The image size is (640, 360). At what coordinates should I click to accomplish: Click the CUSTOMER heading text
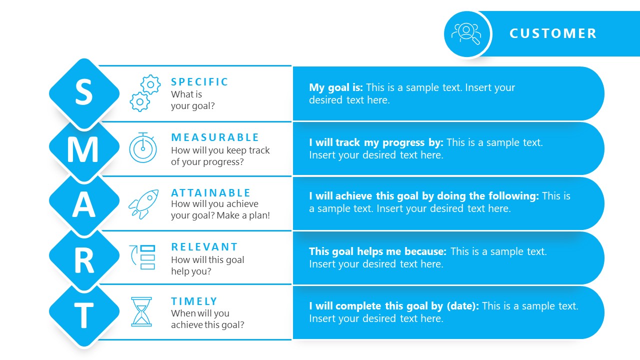pos(553,33)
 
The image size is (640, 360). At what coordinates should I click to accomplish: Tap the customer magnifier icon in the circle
pos(467,33)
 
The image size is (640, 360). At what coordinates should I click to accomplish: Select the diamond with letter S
pos(84,93)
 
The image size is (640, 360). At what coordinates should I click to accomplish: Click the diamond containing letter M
pos(84,149)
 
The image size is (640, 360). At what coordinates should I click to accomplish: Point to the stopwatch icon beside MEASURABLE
pos(143,148)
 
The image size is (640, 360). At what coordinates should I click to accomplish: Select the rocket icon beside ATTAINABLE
pos(143,203)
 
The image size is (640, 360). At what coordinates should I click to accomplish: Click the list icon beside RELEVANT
pos(143,257)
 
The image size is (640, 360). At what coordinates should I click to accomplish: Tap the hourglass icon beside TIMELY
pos(141,312)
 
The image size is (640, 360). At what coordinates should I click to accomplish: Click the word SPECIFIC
pos(199,82)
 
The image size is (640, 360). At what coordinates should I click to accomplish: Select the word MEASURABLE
pos(215,137)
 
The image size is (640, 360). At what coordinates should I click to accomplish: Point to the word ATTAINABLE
pos(210,193)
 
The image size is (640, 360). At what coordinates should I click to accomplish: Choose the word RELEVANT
pos(204,247)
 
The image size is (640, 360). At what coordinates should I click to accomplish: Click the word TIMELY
pos(194,301)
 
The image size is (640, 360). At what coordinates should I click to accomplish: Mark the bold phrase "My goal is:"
pos(336,87)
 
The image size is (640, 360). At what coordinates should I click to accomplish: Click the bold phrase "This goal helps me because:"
pos(377,251)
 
